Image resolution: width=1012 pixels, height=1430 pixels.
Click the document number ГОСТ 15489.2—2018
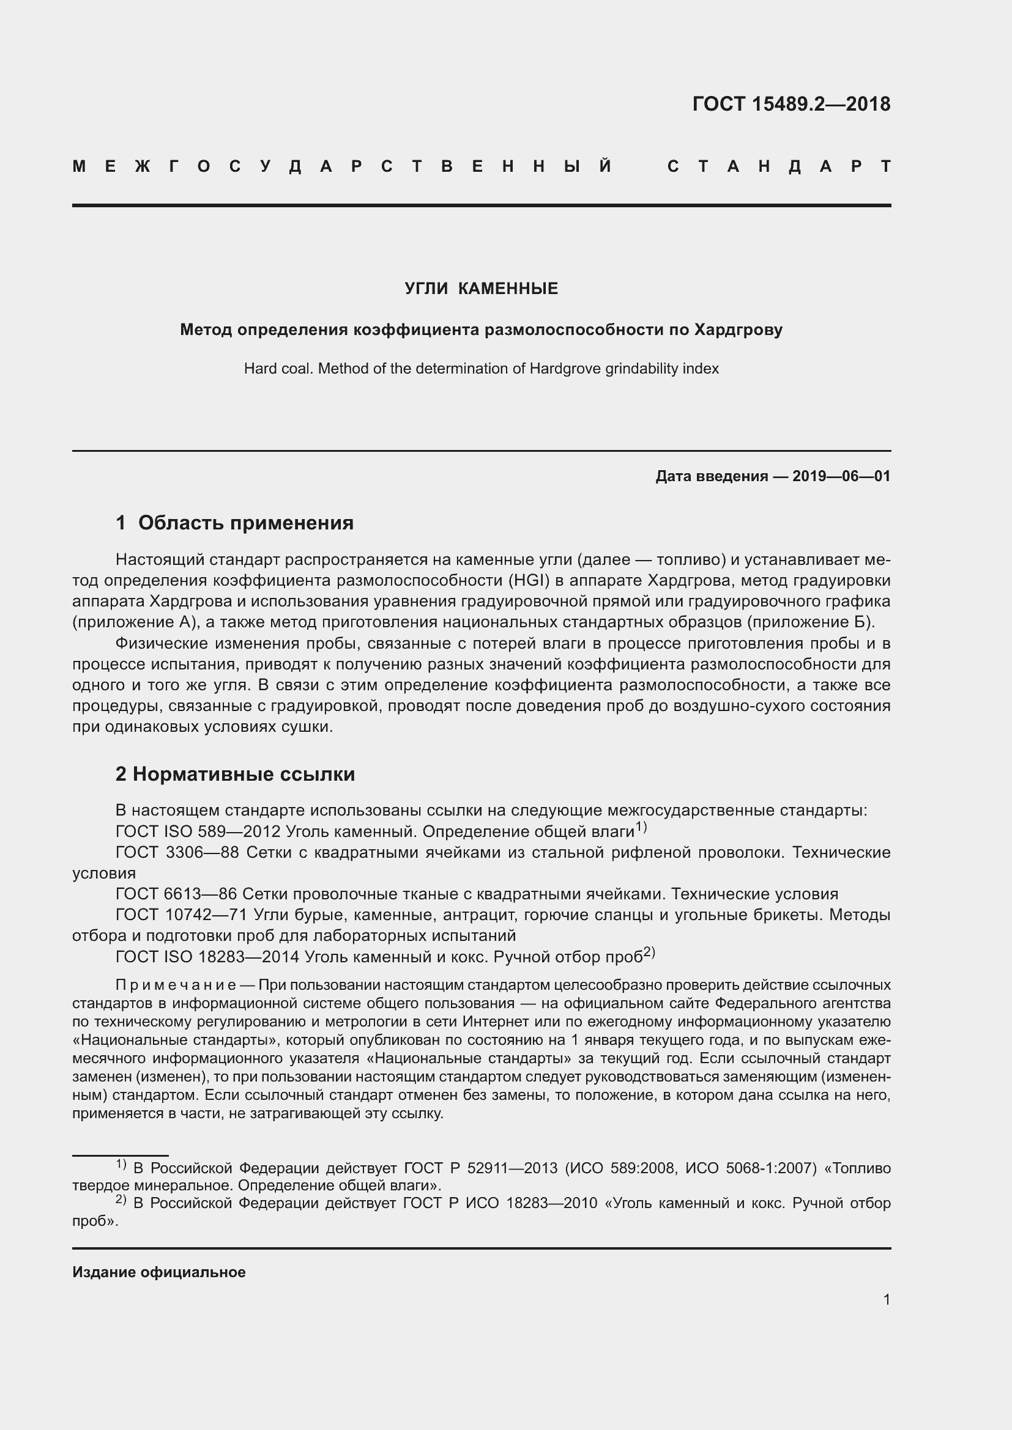pos(791,104)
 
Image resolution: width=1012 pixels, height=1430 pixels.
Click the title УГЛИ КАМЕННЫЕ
pos(481,289)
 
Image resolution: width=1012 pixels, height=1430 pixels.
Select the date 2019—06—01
pos(841,476)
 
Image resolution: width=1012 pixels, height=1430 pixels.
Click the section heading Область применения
pos(245,523)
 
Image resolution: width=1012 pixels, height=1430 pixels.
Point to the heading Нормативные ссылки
pos(244,774)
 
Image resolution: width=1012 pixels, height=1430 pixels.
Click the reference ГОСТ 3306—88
pos(177,853)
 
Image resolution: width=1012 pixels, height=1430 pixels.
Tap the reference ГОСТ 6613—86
pos(176,894)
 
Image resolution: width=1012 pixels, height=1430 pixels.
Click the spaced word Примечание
pos(175,985)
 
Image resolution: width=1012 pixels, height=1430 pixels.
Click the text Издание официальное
pos(159,1272)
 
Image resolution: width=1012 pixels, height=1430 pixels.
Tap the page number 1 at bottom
pos(886,1299)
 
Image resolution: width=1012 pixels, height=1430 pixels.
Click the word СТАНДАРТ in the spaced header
pos(778,166)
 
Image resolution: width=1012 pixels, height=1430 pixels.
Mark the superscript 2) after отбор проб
pos(649,953)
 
